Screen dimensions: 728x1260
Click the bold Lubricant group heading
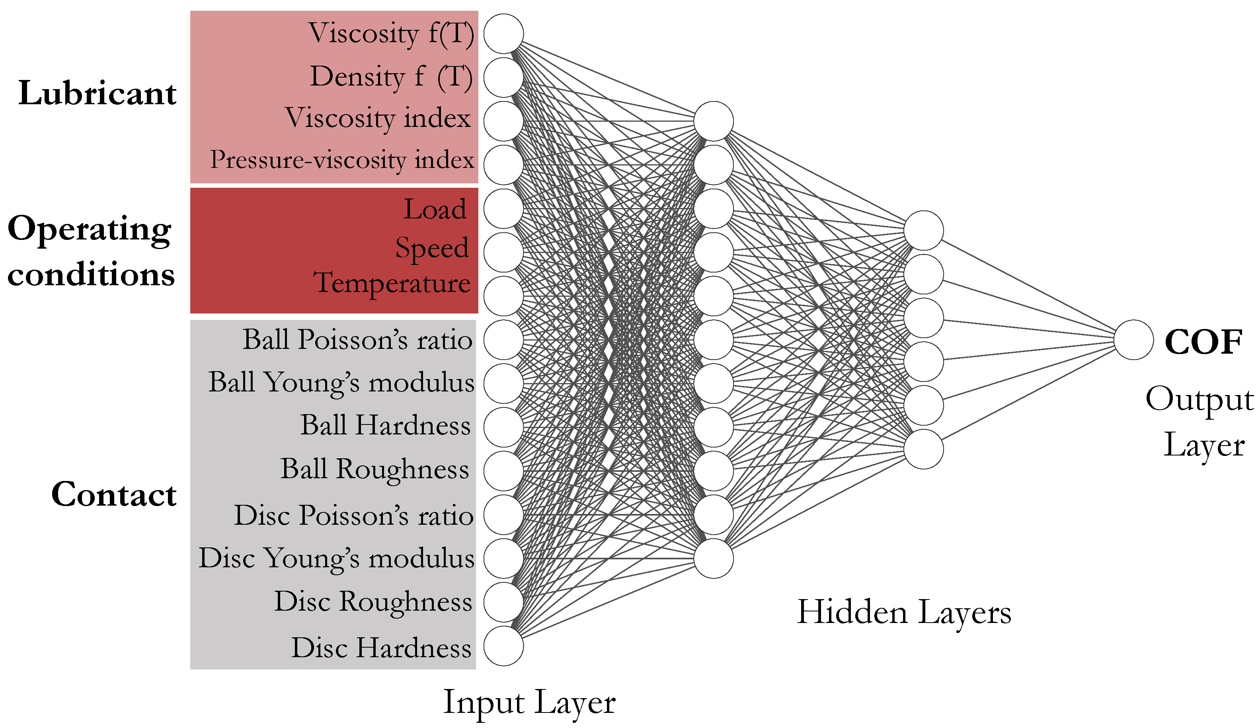tap(98, 93)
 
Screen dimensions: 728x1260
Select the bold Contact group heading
tap(114, 494)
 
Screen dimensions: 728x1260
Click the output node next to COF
tap(1133, 340)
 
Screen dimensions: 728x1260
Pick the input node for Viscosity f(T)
tap(503, 33)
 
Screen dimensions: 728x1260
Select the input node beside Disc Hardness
tap(503, 646)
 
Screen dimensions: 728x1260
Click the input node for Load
tap(503, 208)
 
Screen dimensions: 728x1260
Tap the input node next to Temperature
tap(503, 296)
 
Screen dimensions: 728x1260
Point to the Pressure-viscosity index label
tap(342, 160)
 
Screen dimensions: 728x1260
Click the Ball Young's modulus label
tap(341, 383)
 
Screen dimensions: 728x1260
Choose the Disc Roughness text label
tap(373, 601)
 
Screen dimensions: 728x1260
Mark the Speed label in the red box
tap(432, 248)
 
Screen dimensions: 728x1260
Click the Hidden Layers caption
tap(904, 612)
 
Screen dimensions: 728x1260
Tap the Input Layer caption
tap(529, 703)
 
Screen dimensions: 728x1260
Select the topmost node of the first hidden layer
tap(714, 121)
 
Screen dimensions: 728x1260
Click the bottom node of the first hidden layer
tap(714, 559)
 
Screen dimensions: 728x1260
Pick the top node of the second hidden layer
tap(923, 230)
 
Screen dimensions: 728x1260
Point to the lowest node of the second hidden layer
tap(923, 449)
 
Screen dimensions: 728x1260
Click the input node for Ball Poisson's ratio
tap(503, 340)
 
